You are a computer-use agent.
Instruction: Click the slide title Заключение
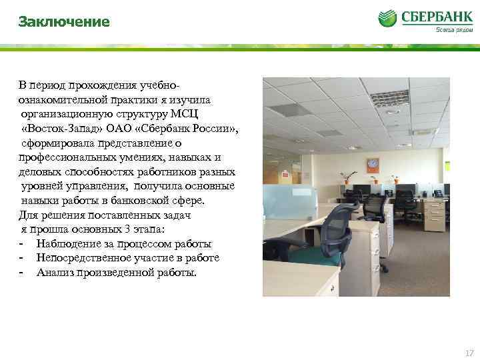click(x=64, y=23)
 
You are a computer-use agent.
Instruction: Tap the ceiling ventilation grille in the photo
click(x=389, y=99)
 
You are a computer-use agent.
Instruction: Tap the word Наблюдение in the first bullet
click(x=68, y=243)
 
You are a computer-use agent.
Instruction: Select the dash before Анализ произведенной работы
click(x=22, y=272)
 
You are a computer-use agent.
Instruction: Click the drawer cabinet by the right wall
click(x=435, y=213)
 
